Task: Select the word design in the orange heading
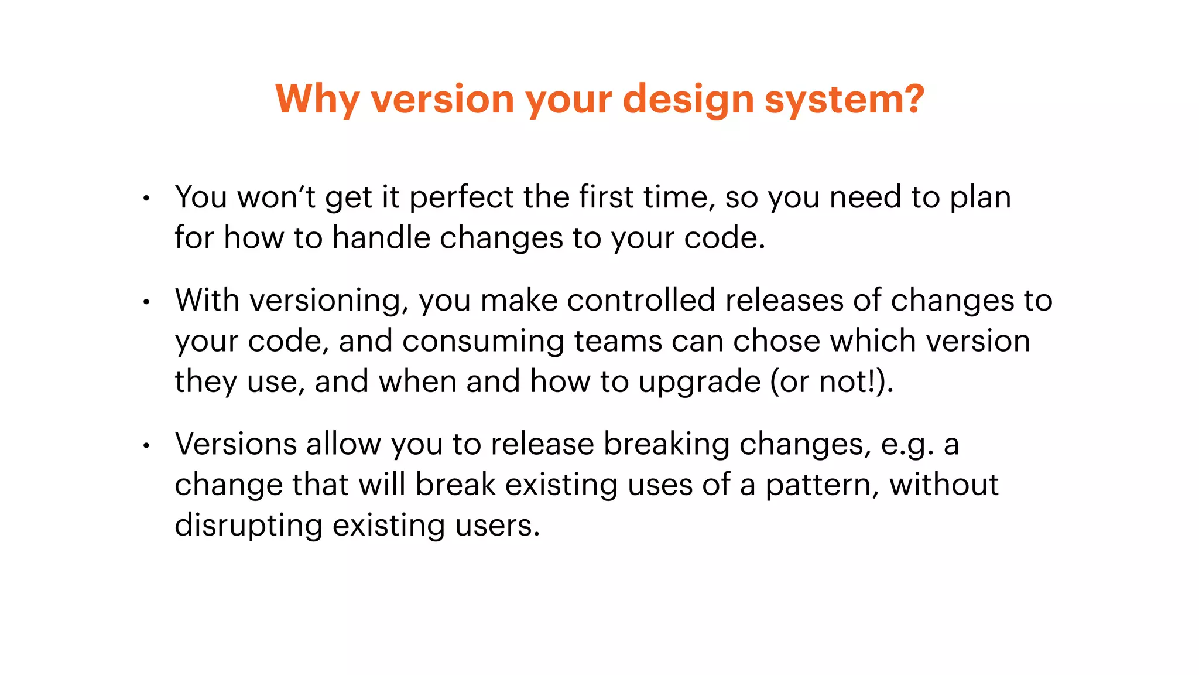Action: click(688, 100)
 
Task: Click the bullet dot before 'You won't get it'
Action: click(146, 199)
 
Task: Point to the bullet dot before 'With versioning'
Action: click(146, 302)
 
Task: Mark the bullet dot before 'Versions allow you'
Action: click(146, 446)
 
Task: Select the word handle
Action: click(381, 238)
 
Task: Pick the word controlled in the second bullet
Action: click(640, 300)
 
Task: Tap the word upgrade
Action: click(699, 382)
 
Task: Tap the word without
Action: click(944, 485)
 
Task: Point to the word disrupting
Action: click(248, 526)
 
